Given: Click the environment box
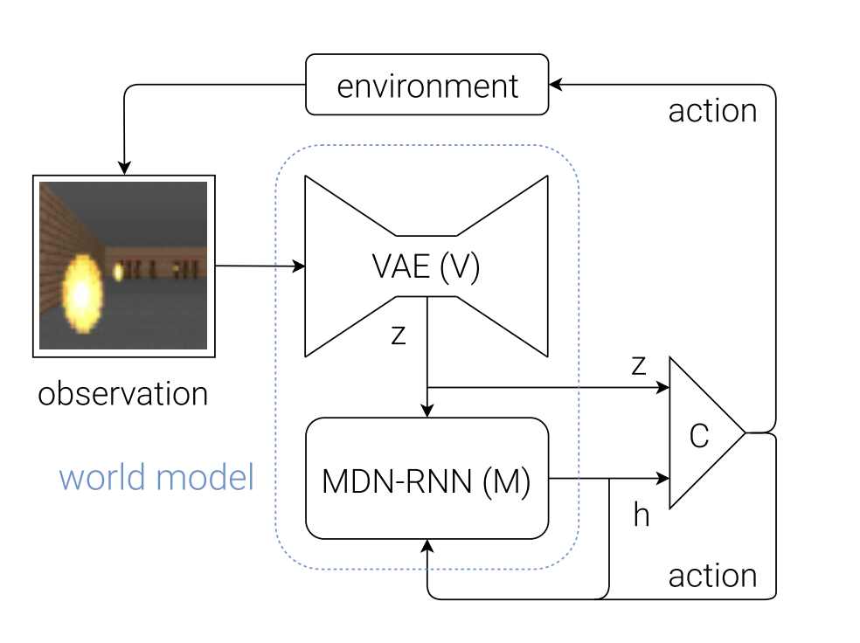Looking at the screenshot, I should click(x=427, y=85).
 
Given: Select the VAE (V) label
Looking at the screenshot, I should click(x=427, y=267).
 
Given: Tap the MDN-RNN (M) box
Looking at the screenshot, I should click(x=427, y=478).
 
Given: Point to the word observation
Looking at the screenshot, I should click(x=122, y=394).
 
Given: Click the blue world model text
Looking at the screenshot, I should click(x=156, y=478).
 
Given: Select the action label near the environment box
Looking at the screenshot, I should click(x=712, y=111).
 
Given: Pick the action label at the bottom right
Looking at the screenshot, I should click(x=712, y=576).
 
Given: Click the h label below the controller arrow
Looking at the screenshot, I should click(x=642, y=515).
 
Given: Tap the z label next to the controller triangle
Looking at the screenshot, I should click(x=639, y=365).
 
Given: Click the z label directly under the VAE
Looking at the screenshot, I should click(x=399, y=335).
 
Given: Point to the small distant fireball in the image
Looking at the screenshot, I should click(x=118, y=273).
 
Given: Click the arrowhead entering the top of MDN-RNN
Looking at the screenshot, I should click(x=427, y=411).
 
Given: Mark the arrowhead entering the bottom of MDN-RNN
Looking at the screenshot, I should click(x=427, y=545).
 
